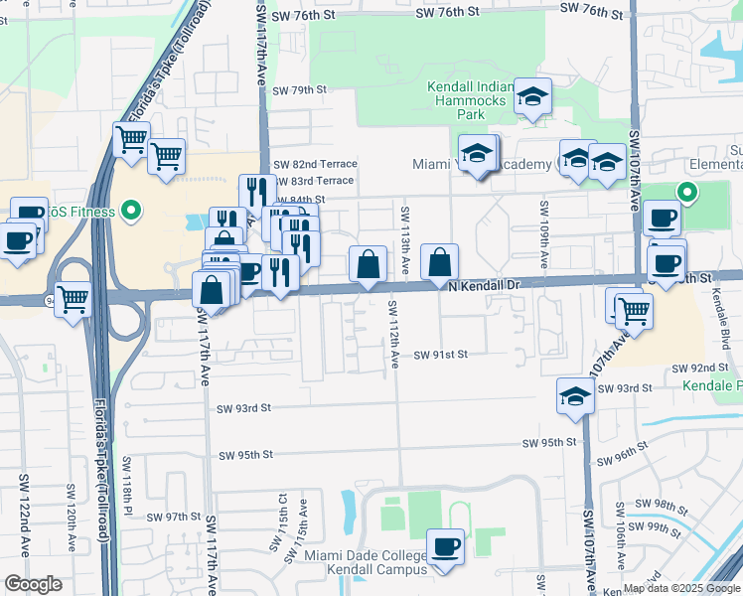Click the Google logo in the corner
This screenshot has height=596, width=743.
[x=33, y=584]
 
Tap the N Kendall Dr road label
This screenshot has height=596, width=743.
[x=484, y=286]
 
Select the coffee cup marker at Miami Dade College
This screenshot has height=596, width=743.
[x=445, y=545]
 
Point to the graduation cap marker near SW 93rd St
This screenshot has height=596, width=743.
[x=575, y=396]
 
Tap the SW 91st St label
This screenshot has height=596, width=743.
[x=440, y=355]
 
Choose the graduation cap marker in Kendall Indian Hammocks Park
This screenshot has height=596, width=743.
[x=533, y=96]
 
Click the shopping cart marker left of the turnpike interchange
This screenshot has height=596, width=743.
[x=73, y=298]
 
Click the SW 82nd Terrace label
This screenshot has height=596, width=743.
[x=315, y=164]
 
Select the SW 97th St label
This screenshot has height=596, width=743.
[x=176, y=518]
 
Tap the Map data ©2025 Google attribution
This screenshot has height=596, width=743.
[x=681, y=588]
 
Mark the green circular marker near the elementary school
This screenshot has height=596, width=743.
[x=685, y=193]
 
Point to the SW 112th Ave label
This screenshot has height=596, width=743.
[x=393, y=333]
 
